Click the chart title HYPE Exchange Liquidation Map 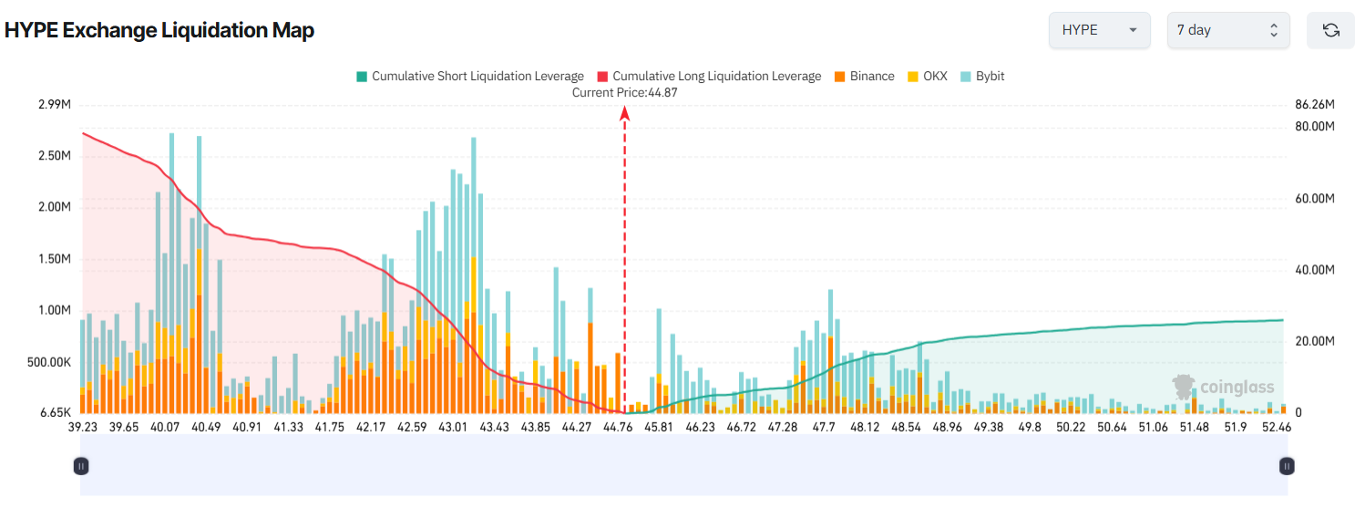(x=159, y=30)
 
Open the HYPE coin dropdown (x=1099, y=30)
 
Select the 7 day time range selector (x=1227, y=30)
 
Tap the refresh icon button (x=1330, y=30)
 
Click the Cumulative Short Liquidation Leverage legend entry (x=469, y=77)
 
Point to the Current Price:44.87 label (x=625, y=92)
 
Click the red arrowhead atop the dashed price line (x=625, y=113)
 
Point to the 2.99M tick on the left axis (x=55, y=105)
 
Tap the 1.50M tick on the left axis (x=55, y=259)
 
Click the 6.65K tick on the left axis (x=56, y=412)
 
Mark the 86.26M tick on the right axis (x=1315, y=105)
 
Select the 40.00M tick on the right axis (x=1315, y=270)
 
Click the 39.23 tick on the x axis (x=83, y=427)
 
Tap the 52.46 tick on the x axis (x=1276, y=427)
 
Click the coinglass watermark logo (x=1223, y=387)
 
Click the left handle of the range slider (x=81, y=466)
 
